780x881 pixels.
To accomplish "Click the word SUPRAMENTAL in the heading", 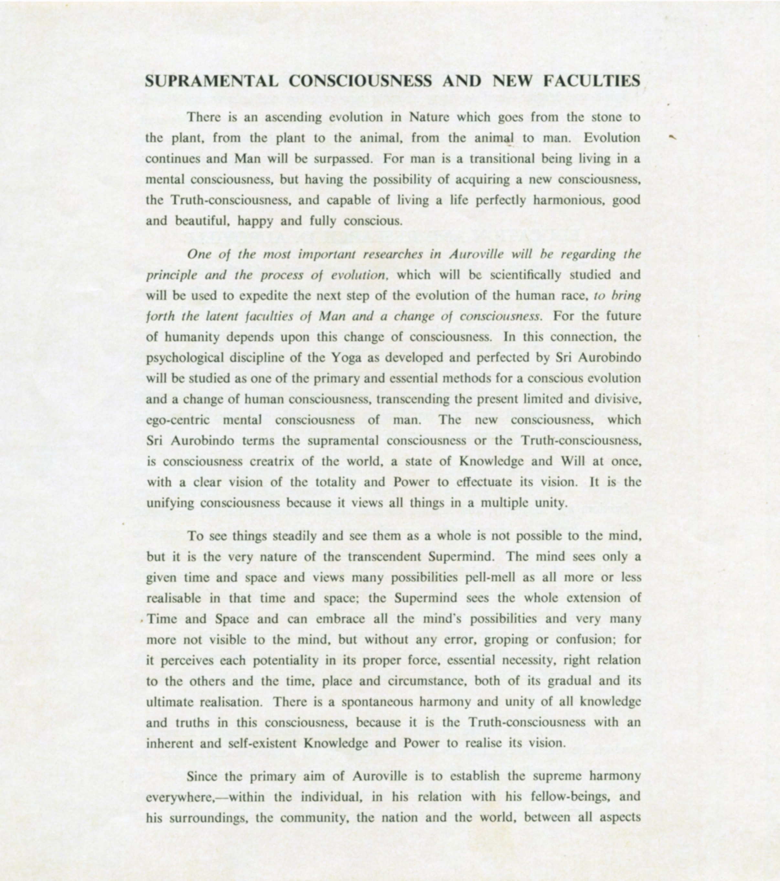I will [x=212, y=81].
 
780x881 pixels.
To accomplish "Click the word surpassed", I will [x=343, y=159].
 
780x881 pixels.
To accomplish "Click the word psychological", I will [x=185, y=358].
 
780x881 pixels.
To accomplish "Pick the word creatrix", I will [x=272, y=461].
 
